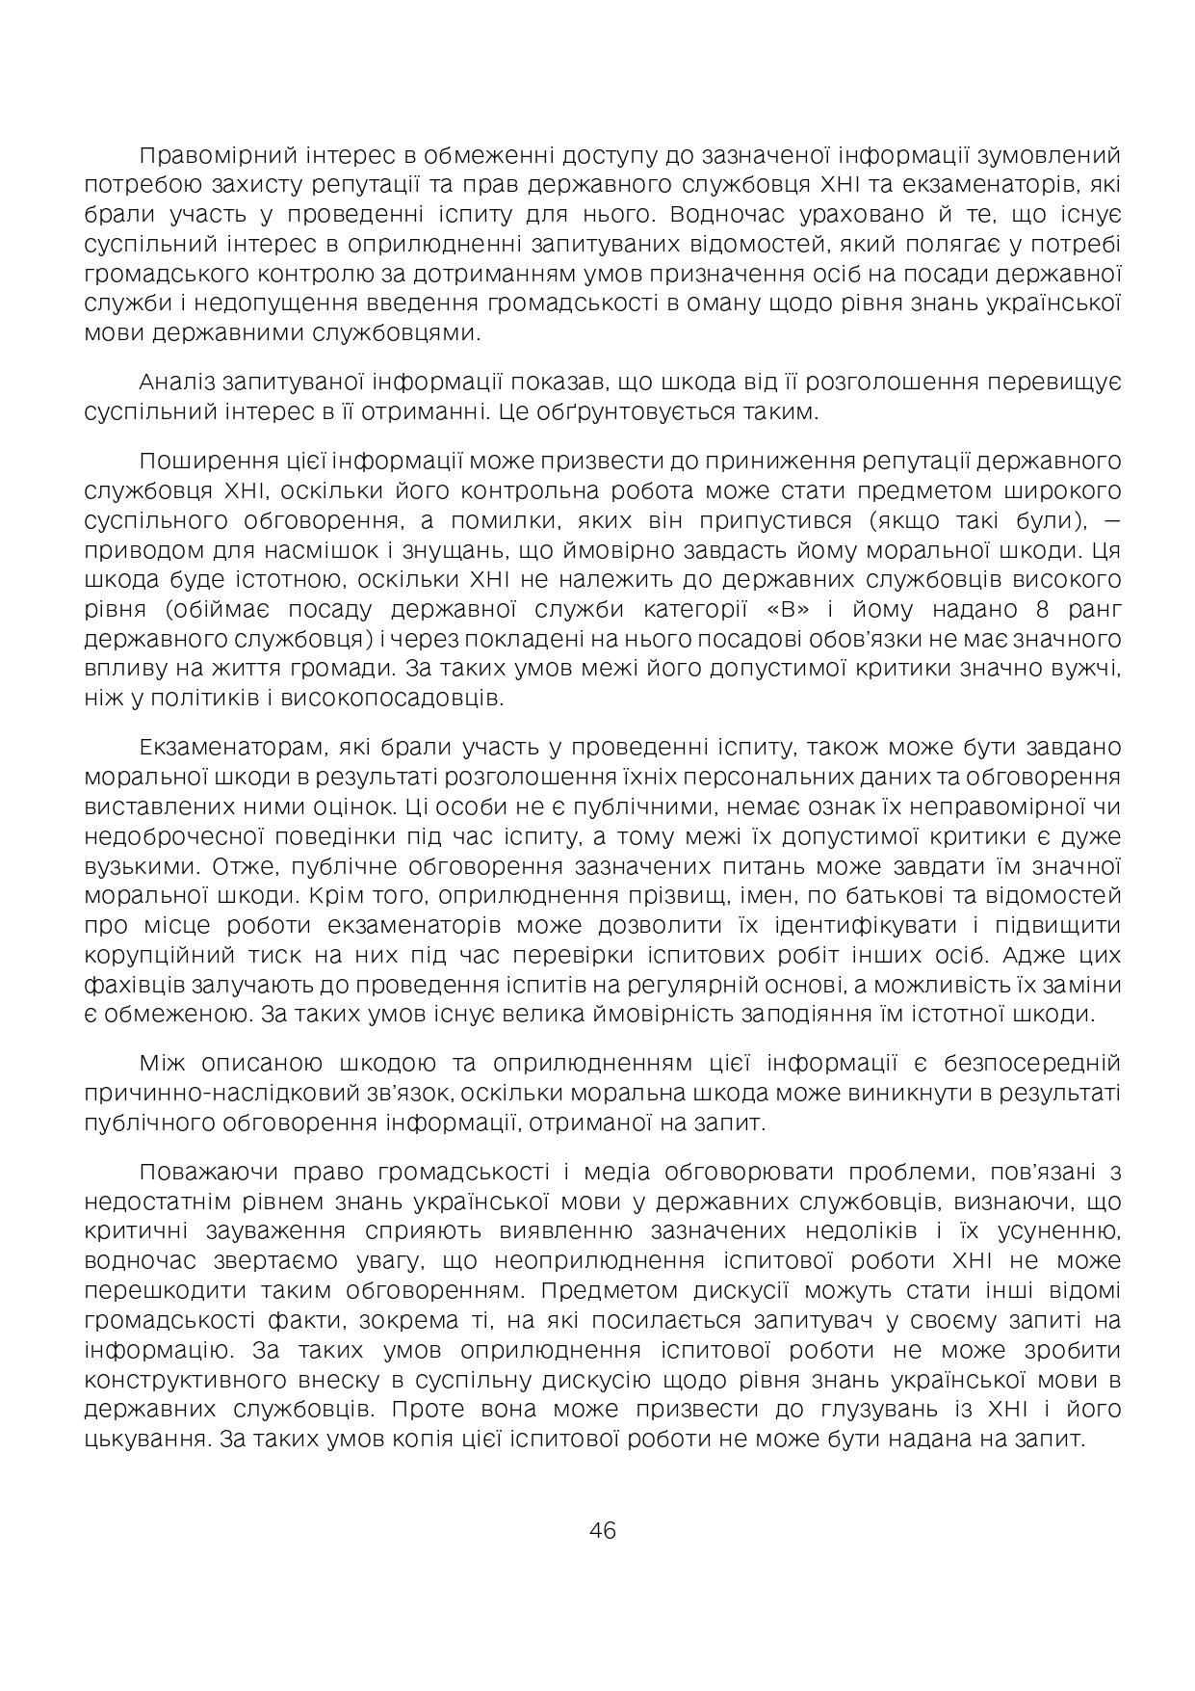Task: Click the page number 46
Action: (602, 1530)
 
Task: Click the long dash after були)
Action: (1109, 521)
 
